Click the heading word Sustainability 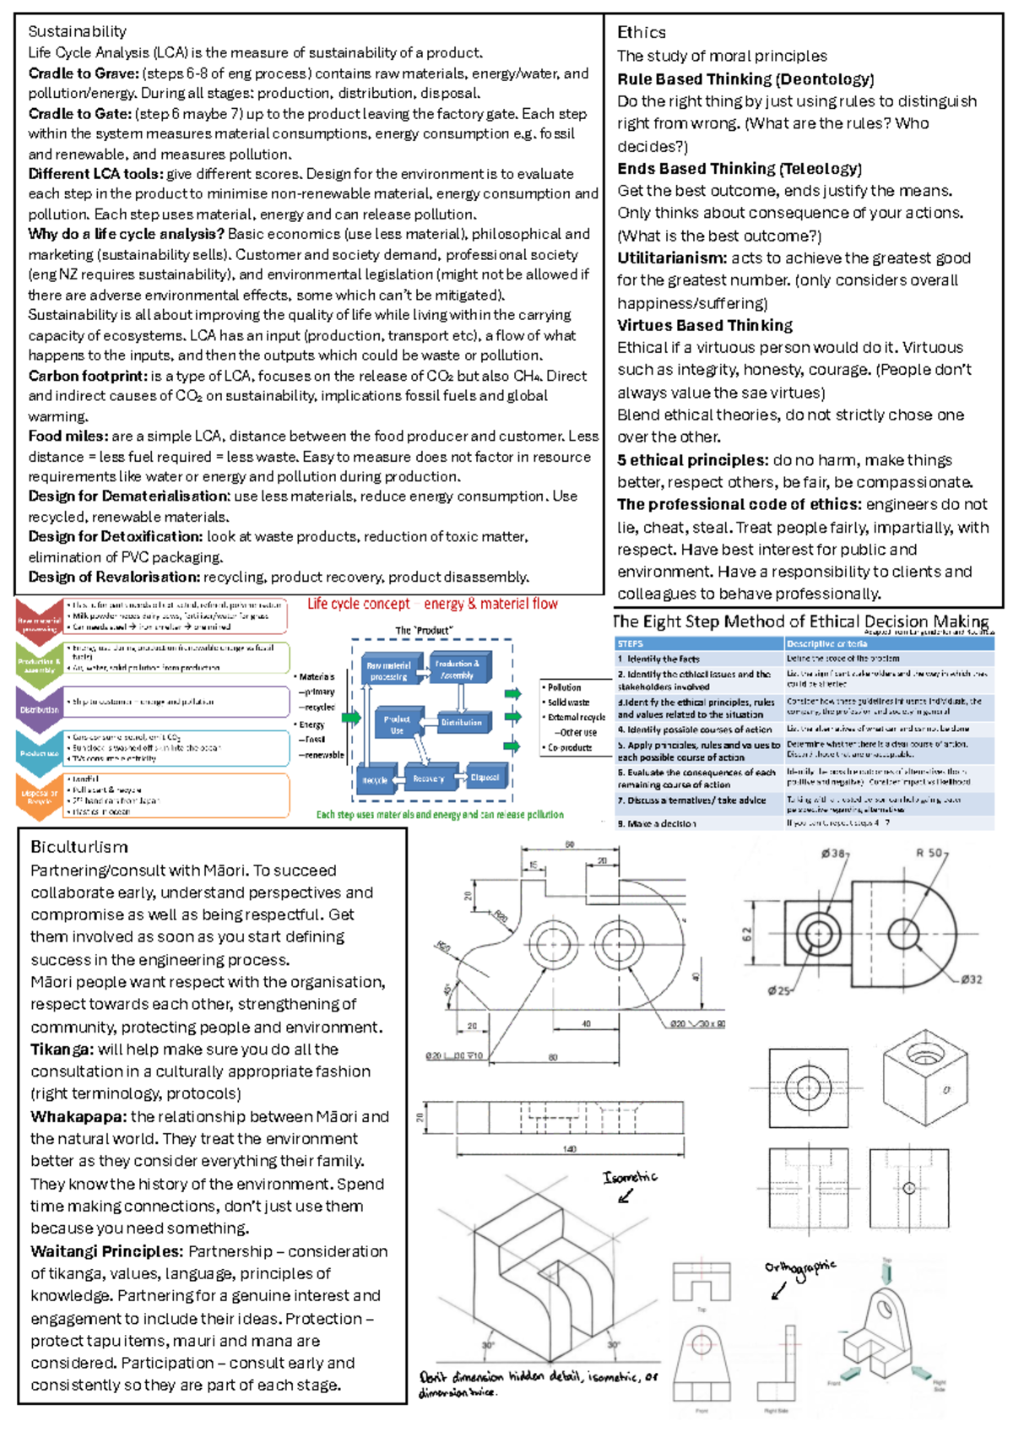77,31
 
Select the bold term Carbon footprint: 88,376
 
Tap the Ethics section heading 641,32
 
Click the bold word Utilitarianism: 671,258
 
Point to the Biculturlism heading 79,847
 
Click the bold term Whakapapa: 79,1116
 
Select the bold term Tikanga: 62,1050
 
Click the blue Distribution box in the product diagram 461,722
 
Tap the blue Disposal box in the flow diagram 485,778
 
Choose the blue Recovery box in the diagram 428,778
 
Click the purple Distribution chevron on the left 39,709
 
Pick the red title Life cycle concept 358,604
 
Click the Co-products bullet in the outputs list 570,748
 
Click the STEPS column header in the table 631,643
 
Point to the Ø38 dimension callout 834,853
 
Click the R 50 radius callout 931,853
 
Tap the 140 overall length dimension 570,1149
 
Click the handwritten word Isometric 630,1177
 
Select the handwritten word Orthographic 799,1267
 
